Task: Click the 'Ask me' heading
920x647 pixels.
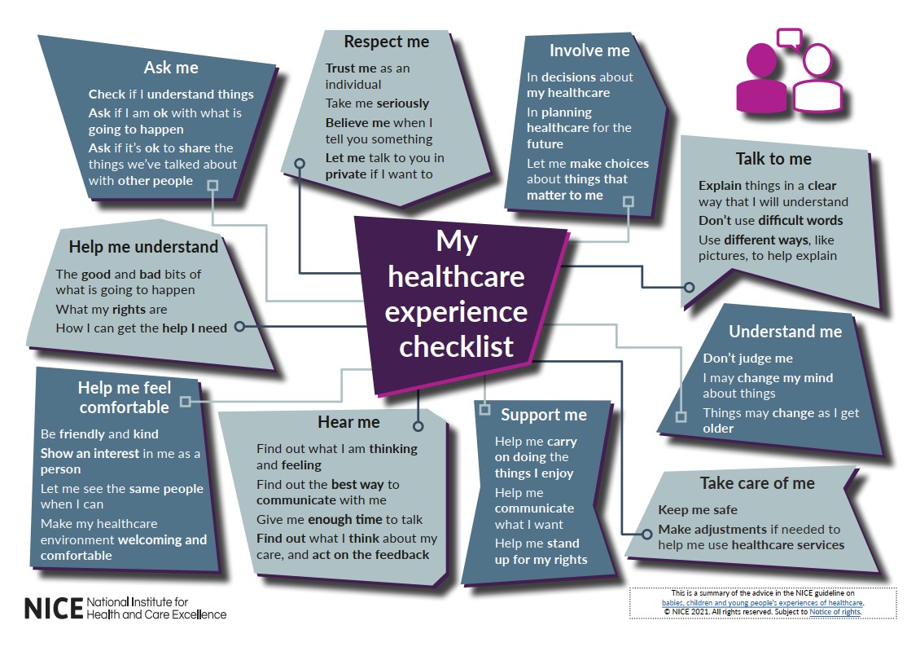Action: click(x=171, y=68)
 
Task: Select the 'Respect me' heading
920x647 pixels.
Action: click(x=386, y=42)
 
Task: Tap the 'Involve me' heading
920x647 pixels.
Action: click(x=589, y=51)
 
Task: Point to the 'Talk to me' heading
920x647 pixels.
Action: click(x=773, y=159)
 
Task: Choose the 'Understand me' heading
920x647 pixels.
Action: click(x=785, y=332)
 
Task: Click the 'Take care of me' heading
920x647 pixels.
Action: click(x=757, y=483)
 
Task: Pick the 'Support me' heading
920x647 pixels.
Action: click(x=543, y=415)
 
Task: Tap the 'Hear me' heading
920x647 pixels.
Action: click(x=348, y=422)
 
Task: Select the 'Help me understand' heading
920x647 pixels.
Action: click(x=143, y=247)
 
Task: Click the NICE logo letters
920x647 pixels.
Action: click(x=54, y=609)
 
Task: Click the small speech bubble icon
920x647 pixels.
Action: click(x=789, y=39)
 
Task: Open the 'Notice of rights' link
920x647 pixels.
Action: click(x=835, y=612)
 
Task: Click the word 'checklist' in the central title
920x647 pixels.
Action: click(x=456, y=346)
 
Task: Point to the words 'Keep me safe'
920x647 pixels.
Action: click(x=698, y=509)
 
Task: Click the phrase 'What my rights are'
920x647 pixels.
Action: click(x=112, y=310)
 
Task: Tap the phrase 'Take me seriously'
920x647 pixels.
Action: click(x=377, y=103)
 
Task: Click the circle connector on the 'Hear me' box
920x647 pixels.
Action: click(x=418, y=426)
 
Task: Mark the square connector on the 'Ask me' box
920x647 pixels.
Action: click(x=213, y=186)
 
